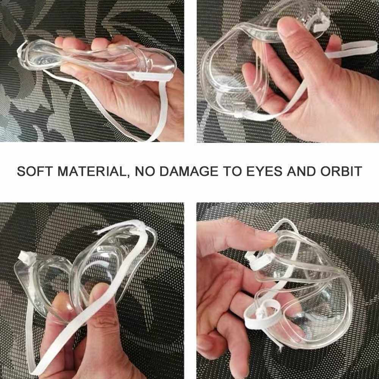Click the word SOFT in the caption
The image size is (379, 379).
[34, 171]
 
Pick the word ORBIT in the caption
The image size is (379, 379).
[341, 171]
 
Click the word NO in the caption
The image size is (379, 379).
[144, 171]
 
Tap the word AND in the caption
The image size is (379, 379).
[301, 171]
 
